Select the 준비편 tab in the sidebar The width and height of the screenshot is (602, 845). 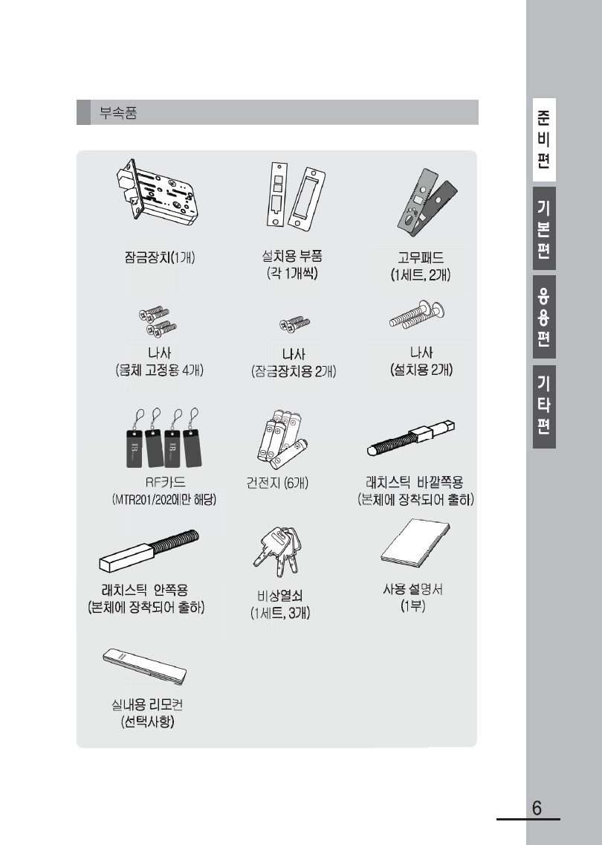tap(544, 140)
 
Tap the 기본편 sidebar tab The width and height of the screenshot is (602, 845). tap(544, 228)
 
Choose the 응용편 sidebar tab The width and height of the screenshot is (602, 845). tap(544, 317)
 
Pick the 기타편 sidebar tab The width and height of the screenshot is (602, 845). tap(544, 406)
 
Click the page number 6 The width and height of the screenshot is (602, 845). tap(537, 809)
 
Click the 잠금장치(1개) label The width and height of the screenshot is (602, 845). tap(159, 257)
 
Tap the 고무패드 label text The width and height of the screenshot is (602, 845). tap(421, 257)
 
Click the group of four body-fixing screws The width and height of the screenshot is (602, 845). tap(158, 321)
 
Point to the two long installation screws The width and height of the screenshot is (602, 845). tap(418, 315)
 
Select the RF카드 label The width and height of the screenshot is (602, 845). tap(165, 482)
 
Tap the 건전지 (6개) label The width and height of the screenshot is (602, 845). tap(277, 482)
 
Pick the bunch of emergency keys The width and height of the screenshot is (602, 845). tap(276, 551)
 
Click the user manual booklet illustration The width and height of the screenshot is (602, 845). tap(415, 543)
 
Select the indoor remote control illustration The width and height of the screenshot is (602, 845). tap(145, 666)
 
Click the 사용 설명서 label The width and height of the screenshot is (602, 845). tap(413, 589)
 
